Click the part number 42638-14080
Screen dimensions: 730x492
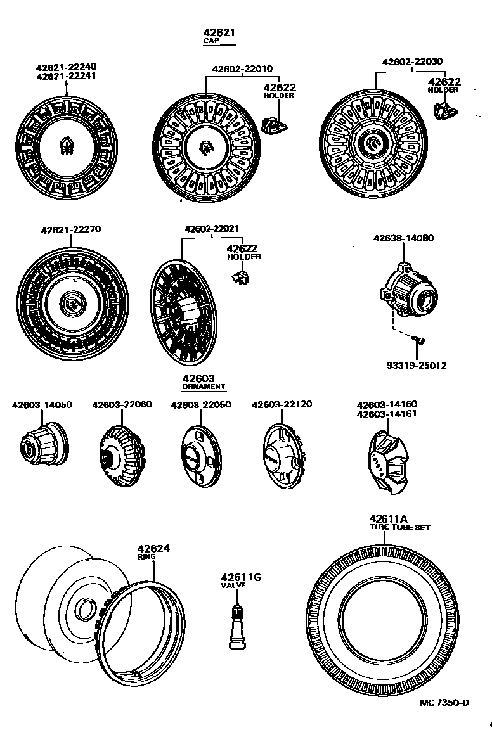click(x=403, y=238)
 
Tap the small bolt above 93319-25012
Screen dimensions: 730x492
click(x=419, y=342)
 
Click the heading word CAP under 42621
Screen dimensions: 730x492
click(x=210, y=41)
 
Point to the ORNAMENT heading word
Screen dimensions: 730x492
click(x=204, y=387)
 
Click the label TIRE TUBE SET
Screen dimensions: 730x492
click(x=400, y=527)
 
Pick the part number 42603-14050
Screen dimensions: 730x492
click(x=42, y=404)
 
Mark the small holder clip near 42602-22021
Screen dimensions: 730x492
click(x=238, y=276)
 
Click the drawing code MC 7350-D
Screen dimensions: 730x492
click(x=444, y=703)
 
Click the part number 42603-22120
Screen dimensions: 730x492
click(x=282, y=404)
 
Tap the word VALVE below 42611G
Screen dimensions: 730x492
click(x=233, y=586)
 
